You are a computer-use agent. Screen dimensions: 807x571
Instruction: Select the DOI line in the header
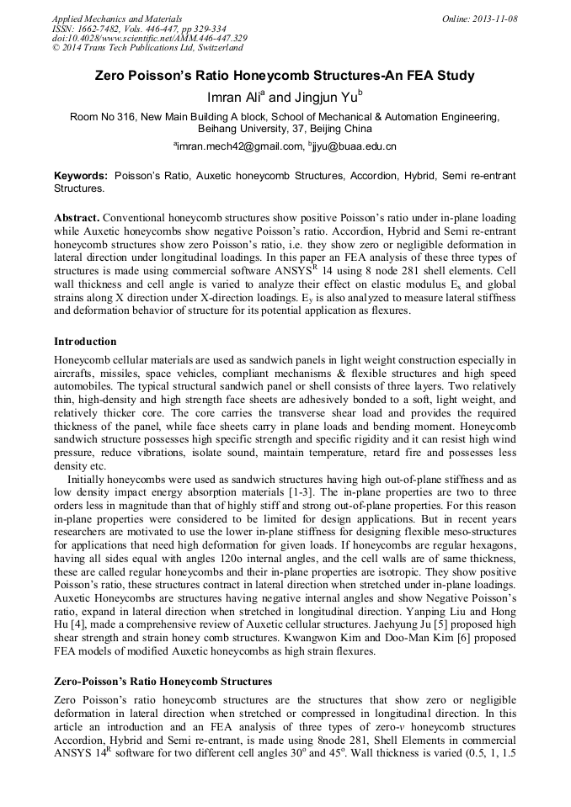(x=149, y=38)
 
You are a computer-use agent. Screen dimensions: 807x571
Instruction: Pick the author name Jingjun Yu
(x=323, y=98)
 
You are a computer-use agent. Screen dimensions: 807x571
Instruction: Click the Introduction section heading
(x=85, y=342)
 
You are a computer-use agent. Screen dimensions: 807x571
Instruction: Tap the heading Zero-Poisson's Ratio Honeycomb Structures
(x=163, y=681)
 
